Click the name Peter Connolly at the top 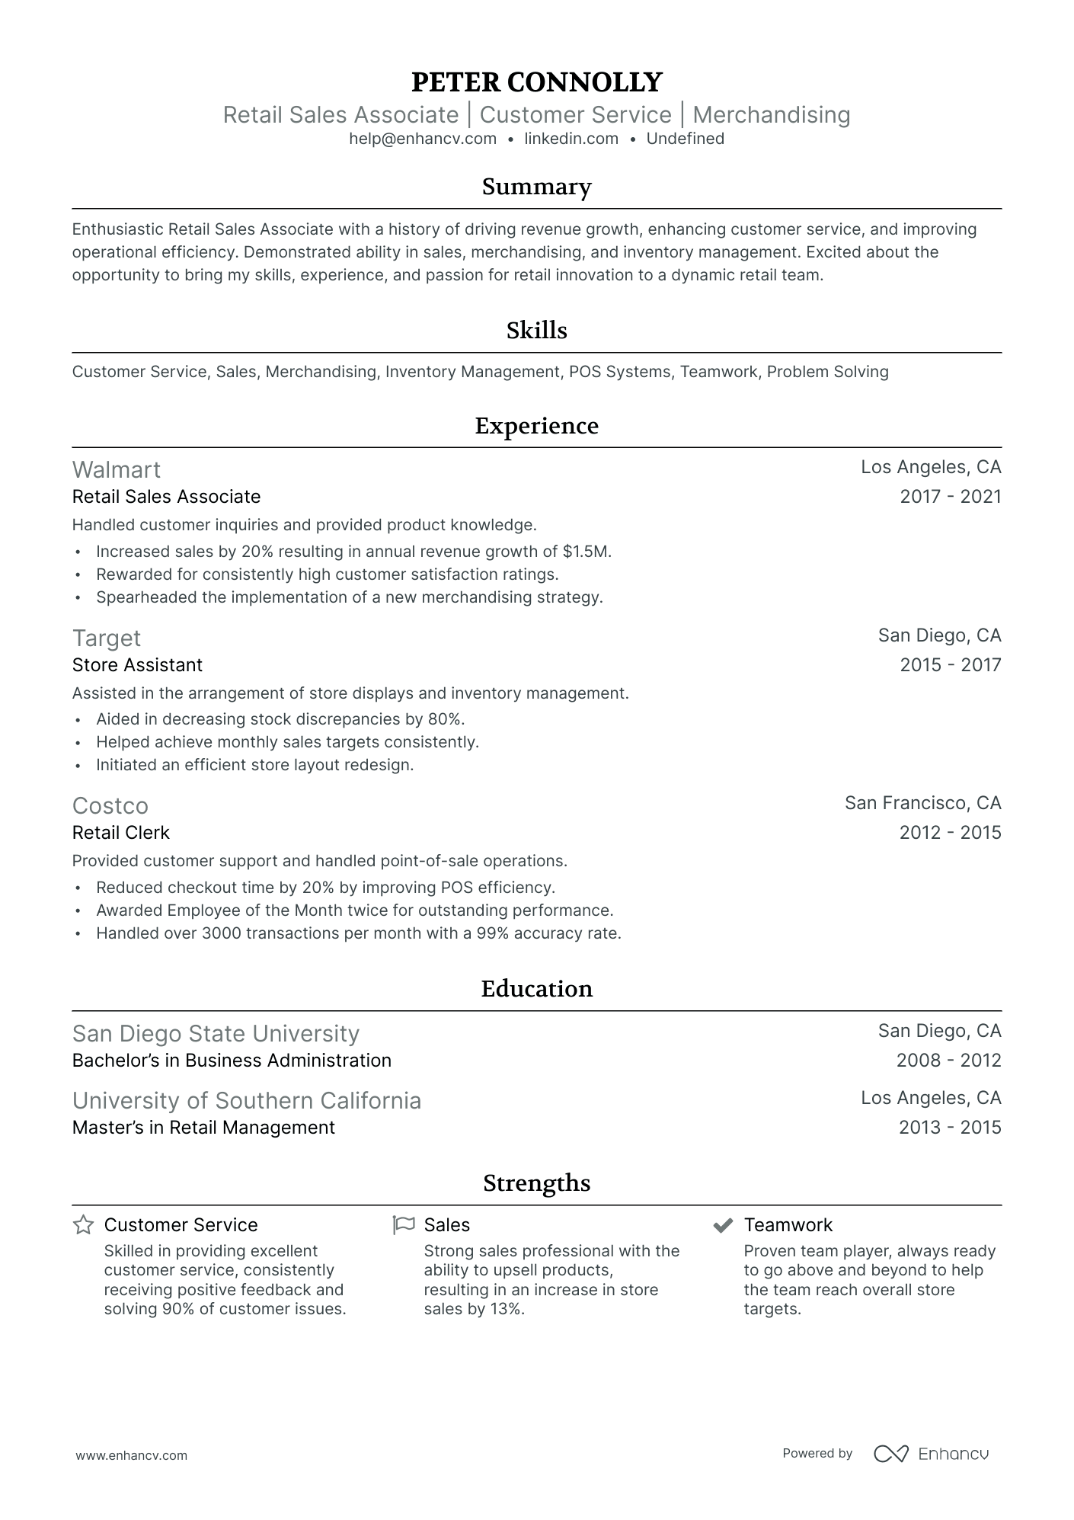pos(536,82)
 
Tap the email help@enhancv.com pos(423,139)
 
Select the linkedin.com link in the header pos(571,139)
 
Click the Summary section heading pos(536,187)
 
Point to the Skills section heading pos(536,330)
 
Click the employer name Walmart pos(117,469)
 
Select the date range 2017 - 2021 pos(950,497)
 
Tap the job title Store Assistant pos(137,665)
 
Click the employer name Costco pos(110,805)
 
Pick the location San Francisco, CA pos(922,803)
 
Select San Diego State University pos(216,1033)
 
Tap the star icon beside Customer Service pos(83,1225)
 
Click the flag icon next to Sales pos(404,1225)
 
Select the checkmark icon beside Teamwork pos(722,1225)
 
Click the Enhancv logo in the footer pos(931,1454)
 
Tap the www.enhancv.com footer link pos(132,1455)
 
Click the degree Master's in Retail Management pos(203,1128)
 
